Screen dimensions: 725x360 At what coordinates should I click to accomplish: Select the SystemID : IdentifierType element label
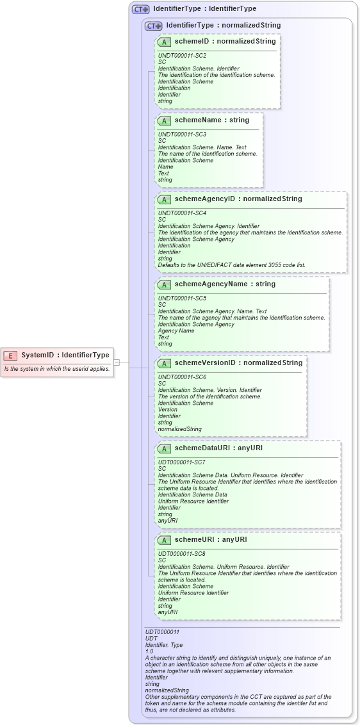(x=65, y=355)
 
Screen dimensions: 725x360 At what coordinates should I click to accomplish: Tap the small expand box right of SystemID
(x=117, y=362)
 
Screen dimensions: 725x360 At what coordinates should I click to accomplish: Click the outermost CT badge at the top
(x=140, y=9)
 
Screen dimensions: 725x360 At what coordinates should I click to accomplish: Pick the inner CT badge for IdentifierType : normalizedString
(x=153, y=26)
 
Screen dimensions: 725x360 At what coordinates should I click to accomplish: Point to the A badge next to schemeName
(x=164, y=120)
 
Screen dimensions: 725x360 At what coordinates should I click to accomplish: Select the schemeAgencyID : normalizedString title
(x=238, y=199)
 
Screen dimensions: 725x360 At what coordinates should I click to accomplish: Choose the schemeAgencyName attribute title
(x=225, y=284)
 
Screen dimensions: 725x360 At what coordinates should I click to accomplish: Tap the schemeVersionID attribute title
(x=238, y=362)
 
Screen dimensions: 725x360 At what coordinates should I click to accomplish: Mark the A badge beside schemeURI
(x=164, y=539)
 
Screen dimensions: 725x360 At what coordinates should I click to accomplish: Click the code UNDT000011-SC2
(x=182, y=56)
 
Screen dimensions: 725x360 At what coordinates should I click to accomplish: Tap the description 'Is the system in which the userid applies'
(x=57, y=369)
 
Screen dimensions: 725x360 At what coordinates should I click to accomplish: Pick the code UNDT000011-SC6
(x=182, y=377)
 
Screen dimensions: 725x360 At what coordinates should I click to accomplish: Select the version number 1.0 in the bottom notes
(x=149, y=651)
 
